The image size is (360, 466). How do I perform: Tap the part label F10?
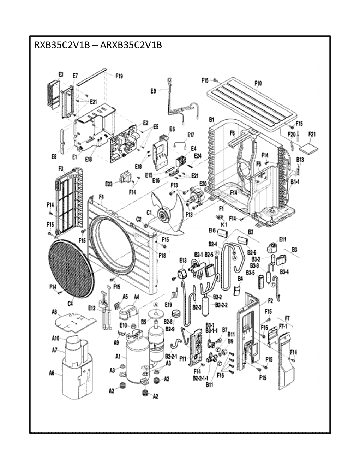[x=258, y=84]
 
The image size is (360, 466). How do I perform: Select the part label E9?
[x=153, y=91]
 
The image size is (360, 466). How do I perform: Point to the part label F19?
[x=119, y=76]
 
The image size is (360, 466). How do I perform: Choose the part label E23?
[x=109, y=184]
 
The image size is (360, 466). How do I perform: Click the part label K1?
[x=223, y=225]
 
